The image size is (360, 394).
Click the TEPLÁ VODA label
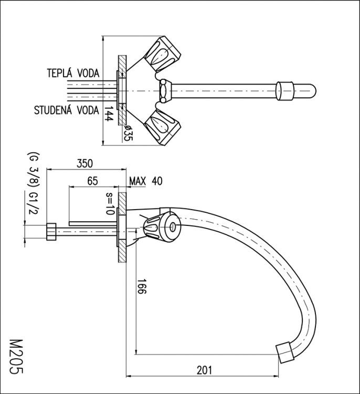tap(73, 73)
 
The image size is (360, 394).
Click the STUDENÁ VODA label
tap(66, 110)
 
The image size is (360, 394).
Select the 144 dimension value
tap(109, 115)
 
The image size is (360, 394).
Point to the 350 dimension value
tap(85, 163)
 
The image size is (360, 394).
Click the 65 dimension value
tap(92, 181)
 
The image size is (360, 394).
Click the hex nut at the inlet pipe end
tap(51, 231)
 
